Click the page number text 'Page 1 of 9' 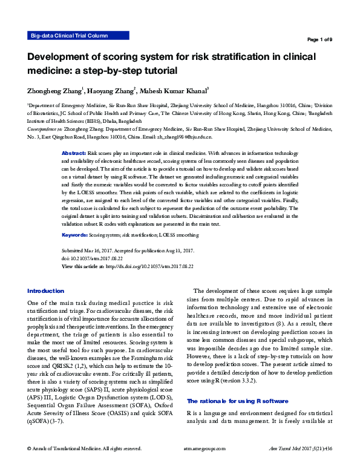(x=319, y=40)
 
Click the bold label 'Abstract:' (x=74, y=154)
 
